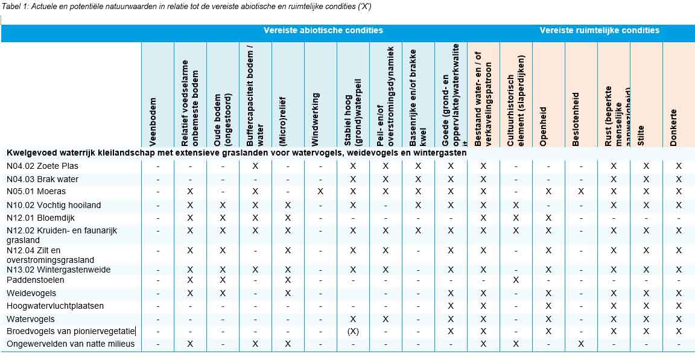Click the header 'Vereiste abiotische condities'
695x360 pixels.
323,30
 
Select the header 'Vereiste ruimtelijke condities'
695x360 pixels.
599,30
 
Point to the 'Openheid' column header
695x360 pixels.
544,127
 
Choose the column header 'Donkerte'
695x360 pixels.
674,127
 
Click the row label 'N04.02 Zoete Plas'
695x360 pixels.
42,166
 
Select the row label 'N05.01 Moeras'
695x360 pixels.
36,192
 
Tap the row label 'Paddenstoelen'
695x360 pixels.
35,280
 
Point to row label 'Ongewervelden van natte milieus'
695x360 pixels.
71,344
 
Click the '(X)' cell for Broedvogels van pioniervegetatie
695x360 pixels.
353,331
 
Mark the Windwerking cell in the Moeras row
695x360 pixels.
320,192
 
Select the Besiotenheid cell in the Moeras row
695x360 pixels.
581,192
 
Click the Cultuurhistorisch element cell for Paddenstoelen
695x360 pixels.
516,280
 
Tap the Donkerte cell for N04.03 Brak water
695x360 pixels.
679,179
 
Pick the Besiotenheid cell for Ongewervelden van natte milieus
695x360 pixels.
581,344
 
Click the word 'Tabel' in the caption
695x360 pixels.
11,7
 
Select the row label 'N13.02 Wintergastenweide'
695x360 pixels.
59,270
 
